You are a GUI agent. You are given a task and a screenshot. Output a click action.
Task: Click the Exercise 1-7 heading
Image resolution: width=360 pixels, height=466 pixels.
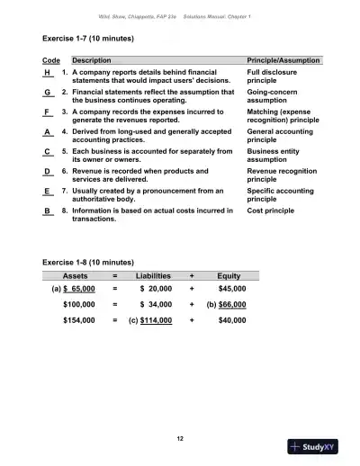(88, 40)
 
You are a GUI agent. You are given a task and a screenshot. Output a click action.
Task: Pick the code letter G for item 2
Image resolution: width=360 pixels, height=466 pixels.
(47, 92)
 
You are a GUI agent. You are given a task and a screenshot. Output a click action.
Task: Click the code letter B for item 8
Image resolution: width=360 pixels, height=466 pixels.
(47, 211)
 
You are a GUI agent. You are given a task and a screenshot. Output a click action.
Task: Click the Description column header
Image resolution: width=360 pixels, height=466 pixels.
(92, 59)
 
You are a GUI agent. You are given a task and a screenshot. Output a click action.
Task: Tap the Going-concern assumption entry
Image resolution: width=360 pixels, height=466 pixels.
(268, 96)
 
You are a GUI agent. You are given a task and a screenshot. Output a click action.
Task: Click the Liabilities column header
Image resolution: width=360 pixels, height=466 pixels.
(153, 275)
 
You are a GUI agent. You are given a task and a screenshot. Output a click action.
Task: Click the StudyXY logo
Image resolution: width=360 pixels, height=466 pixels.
(319, 447)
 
